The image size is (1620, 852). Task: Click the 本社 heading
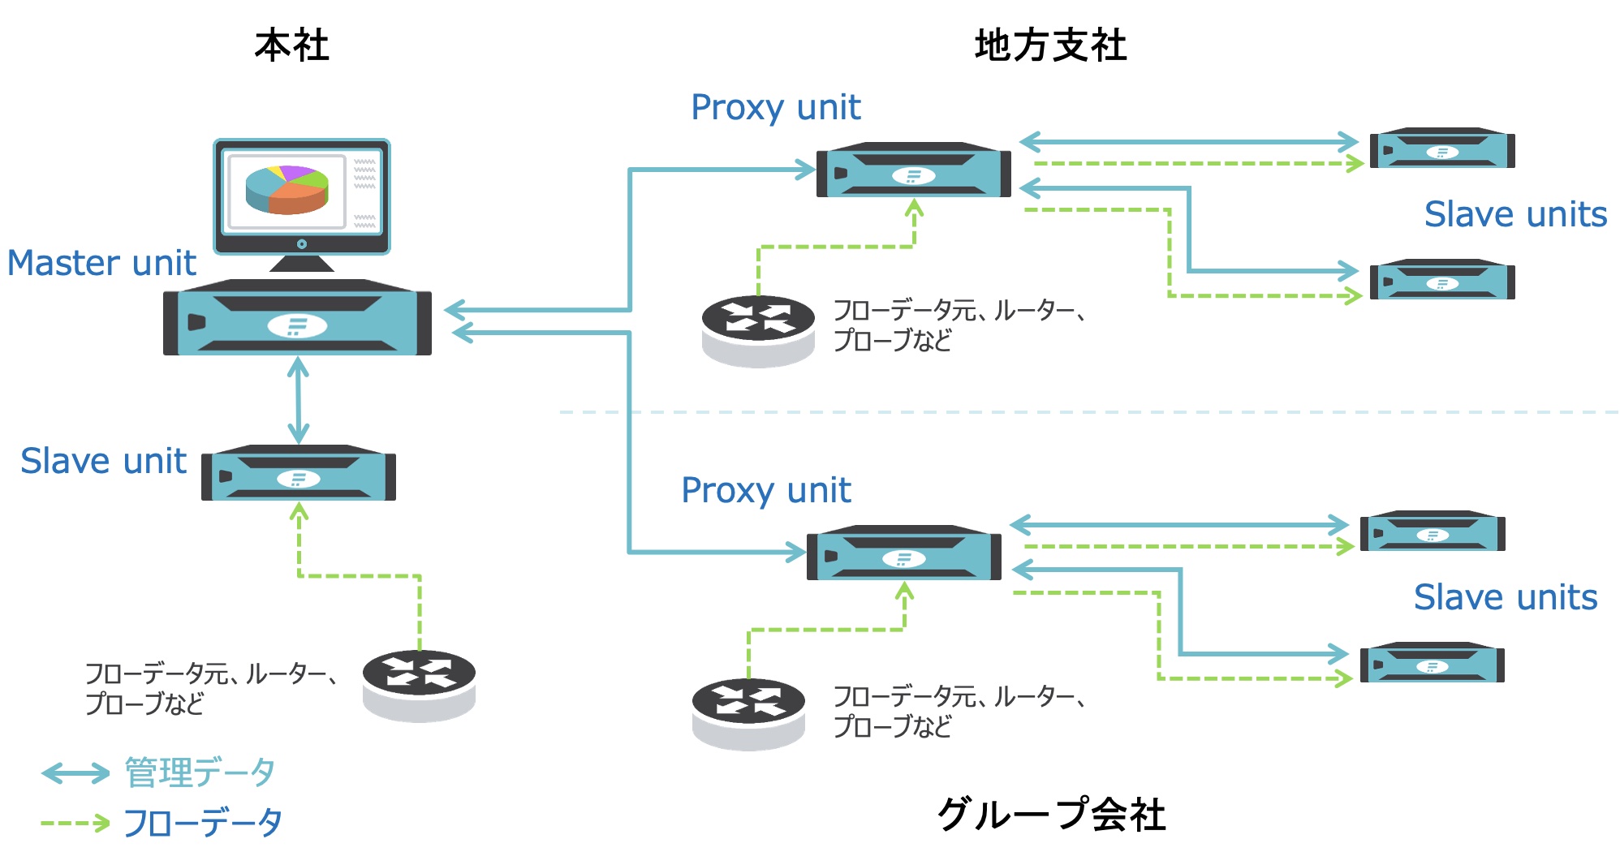291,45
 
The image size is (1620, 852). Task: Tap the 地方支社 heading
1050,45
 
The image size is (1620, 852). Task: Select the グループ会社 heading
1051,814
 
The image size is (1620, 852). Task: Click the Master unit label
101,263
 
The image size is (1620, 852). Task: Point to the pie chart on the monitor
287,189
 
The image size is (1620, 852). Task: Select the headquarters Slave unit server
299,473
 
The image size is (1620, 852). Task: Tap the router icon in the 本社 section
419,684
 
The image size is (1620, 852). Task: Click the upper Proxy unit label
775,107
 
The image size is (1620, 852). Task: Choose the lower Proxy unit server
903,553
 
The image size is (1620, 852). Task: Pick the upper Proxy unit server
913,170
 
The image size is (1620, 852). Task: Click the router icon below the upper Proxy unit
758,329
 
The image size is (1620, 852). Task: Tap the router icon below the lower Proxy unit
748,712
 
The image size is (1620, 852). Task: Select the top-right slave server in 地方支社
1441,148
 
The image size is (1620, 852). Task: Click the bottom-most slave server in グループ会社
1432,663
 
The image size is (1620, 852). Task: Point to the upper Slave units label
1515,214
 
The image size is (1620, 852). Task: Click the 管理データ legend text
200,772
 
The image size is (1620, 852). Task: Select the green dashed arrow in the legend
75,823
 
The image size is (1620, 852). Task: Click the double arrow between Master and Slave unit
299,400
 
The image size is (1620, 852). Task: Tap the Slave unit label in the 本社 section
103,461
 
